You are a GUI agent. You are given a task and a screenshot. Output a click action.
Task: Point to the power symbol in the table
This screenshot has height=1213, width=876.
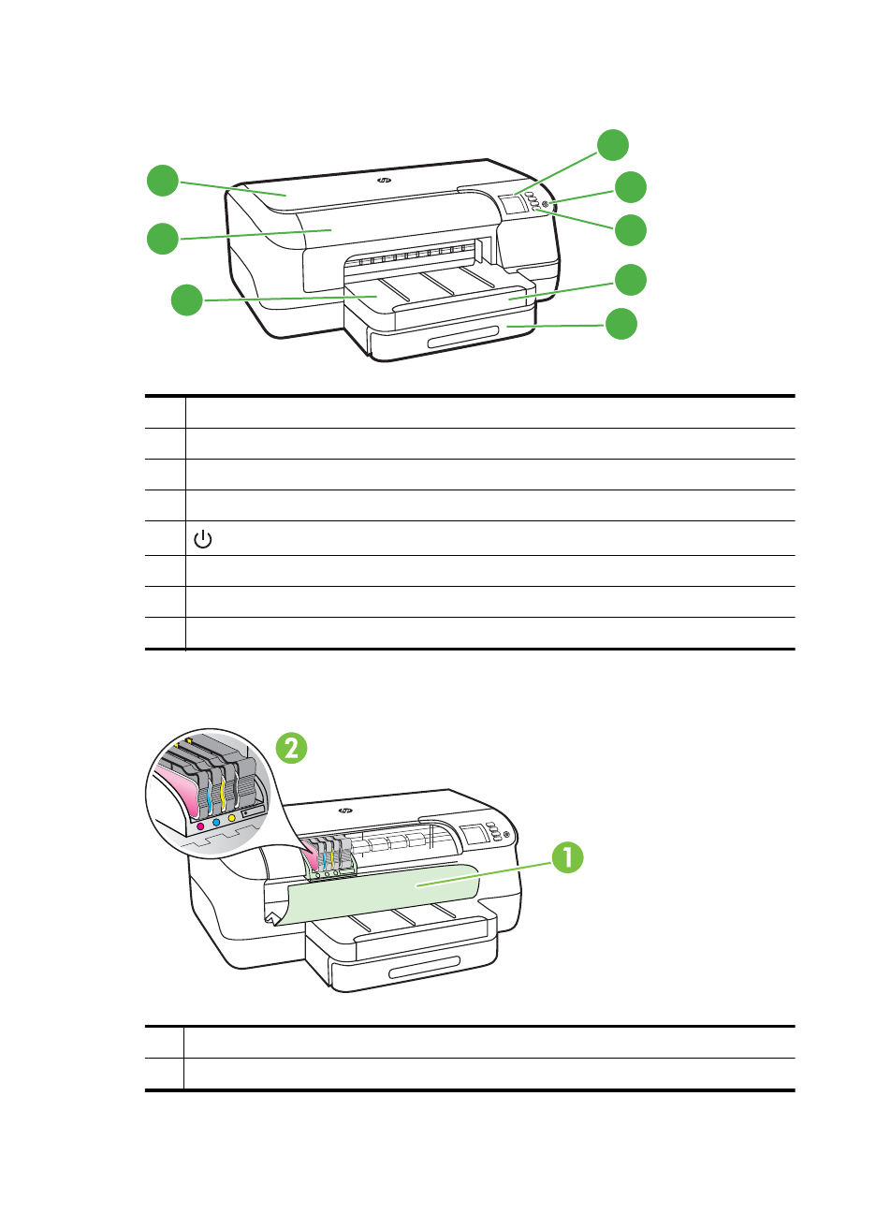click(202, 539)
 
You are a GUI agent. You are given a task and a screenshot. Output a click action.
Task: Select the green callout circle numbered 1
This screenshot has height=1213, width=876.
click(566, 858)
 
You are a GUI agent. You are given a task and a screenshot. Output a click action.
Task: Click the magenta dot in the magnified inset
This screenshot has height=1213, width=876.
click(200, 826)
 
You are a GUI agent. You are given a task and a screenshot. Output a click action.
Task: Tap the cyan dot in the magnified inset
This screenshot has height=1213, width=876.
click(216, 821)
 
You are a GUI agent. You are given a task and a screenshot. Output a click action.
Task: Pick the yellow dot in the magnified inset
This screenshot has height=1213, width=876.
click(231, 817)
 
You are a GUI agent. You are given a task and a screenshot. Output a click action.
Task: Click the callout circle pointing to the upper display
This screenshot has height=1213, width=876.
click(613, 145)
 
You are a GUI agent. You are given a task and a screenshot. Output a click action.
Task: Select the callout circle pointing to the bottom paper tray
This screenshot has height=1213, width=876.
click(620, 324)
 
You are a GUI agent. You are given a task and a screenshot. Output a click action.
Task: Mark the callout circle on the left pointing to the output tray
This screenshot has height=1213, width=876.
click(187, 300)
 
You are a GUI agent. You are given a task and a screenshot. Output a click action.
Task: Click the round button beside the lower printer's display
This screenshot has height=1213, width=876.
click(505, 834)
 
